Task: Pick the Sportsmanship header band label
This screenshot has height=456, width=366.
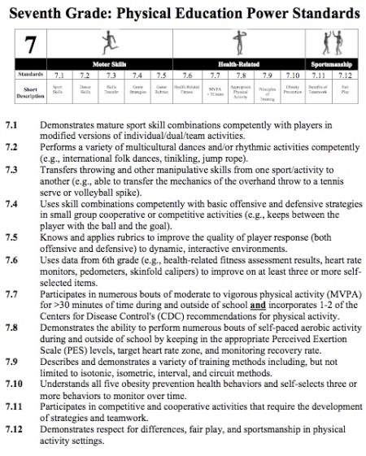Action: click(x=332, y=63)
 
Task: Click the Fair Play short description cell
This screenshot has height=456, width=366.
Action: click(x=345, y=87)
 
